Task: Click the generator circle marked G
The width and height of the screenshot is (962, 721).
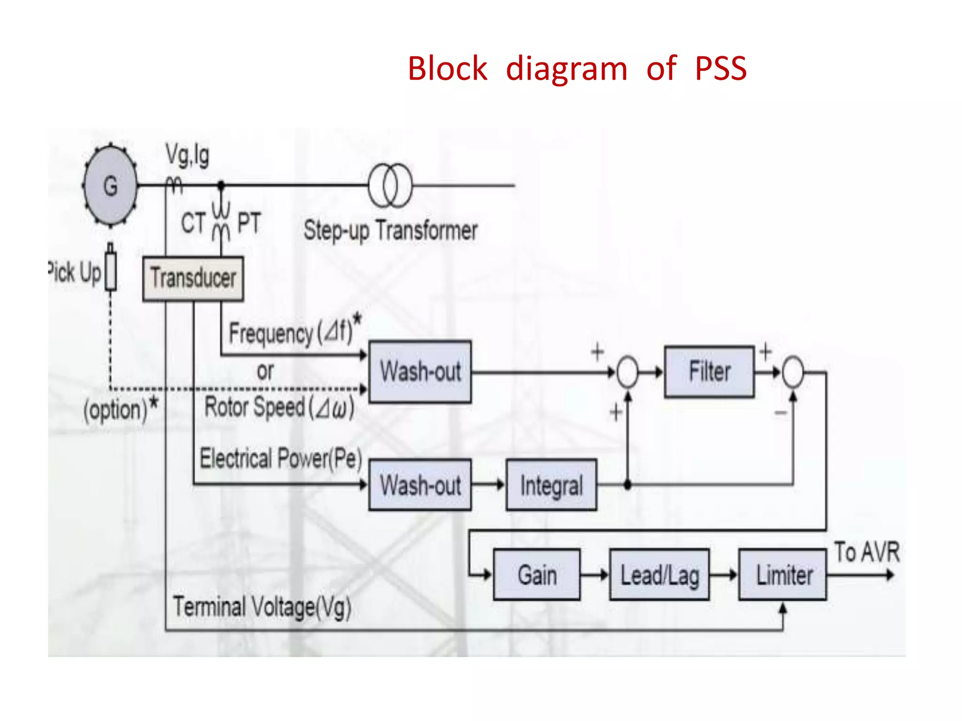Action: pyautogui.click(x=111, y=186)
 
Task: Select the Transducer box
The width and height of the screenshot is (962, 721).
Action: pyautogui.click(x=193, y=278)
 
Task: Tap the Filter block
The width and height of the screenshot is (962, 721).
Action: pyautogui.click(x=709, y=372)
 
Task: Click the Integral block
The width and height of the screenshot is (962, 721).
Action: pyautogui.click(x=551, y=485)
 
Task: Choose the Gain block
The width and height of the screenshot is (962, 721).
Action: pyautogui.click(x=537, y=575)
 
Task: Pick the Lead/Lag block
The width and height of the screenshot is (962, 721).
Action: pyautogui.click(x=659, y=575)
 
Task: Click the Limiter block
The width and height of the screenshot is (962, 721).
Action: pyautogui.click(x=783, y=575)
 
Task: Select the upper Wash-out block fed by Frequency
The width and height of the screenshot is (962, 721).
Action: pyautogui.click(x=420, y=372)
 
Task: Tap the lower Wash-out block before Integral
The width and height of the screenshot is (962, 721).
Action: pyautogui.click(x=420, y=485)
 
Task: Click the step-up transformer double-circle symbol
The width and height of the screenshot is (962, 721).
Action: pyautogui.click(x=390, y=185)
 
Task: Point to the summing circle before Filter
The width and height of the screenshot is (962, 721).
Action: pyautogui.click(x=628, y=372)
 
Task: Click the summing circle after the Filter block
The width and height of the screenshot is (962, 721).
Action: pyautogui.click(x=793, y=372)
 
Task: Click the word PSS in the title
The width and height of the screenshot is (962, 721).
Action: pyautogui.click(x=721, y=69)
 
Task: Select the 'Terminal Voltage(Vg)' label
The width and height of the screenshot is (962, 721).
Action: pyautogui.click(x=262, y=607)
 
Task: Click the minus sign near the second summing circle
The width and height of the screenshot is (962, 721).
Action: pyautogui.click(x=780, y=413)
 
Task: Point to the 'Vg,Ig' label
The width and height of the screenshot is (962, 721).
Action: pyautogui.click(x=187, y=155)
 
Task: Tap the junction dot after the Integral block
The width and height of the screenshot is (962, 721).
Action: pyautogui.click(x=628, y=485)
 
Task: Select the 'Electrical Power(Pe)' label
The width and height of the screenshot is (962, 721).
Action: pyautogui.click(x=281, y=458)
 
